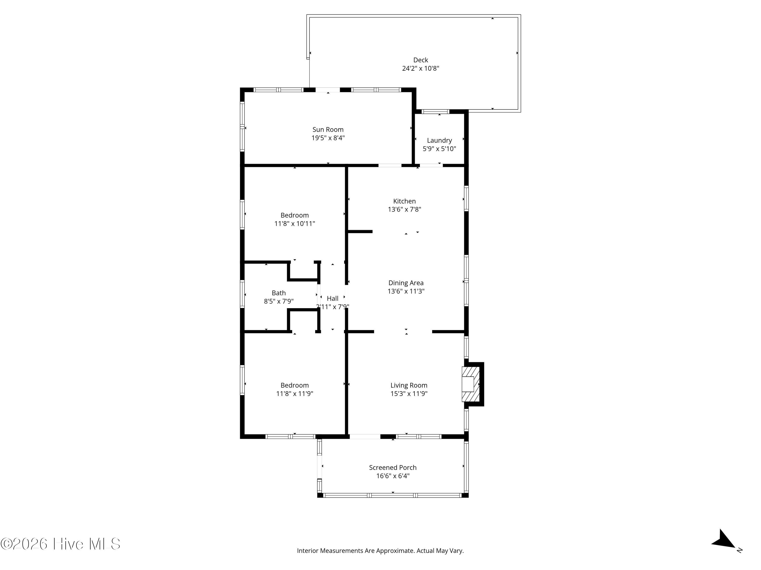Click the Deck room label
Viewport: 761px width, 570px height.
pyautogui.click(x=420, y=60)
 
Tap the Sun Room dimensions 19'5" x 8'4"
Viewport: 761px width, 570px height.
pyautogui.click(x=328, y=138)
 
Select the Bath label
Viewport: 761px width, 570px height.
pyautogui.click(x=279, y=293)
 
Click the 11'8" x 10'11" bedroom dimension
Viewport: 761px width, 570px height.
pyautogui.click(x=295, y=224)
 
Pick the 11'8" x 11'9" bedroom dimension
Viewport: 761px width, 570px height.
pyautogui.click(x=295, y=394)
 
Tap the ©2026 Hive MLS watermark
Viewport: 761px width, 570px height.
pyautogui.click(x=61, y=544)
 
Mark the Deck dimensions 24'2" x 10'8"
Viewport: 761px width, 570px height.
pyautogui.click(x=420, y=68)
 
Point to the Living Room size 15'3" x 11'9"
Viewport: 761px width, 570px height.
pyautogui.click(x=409, y=394)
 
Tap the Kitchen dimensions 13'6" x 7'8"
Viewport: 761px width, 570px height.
pyautogui.click(x=405, y=210)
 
